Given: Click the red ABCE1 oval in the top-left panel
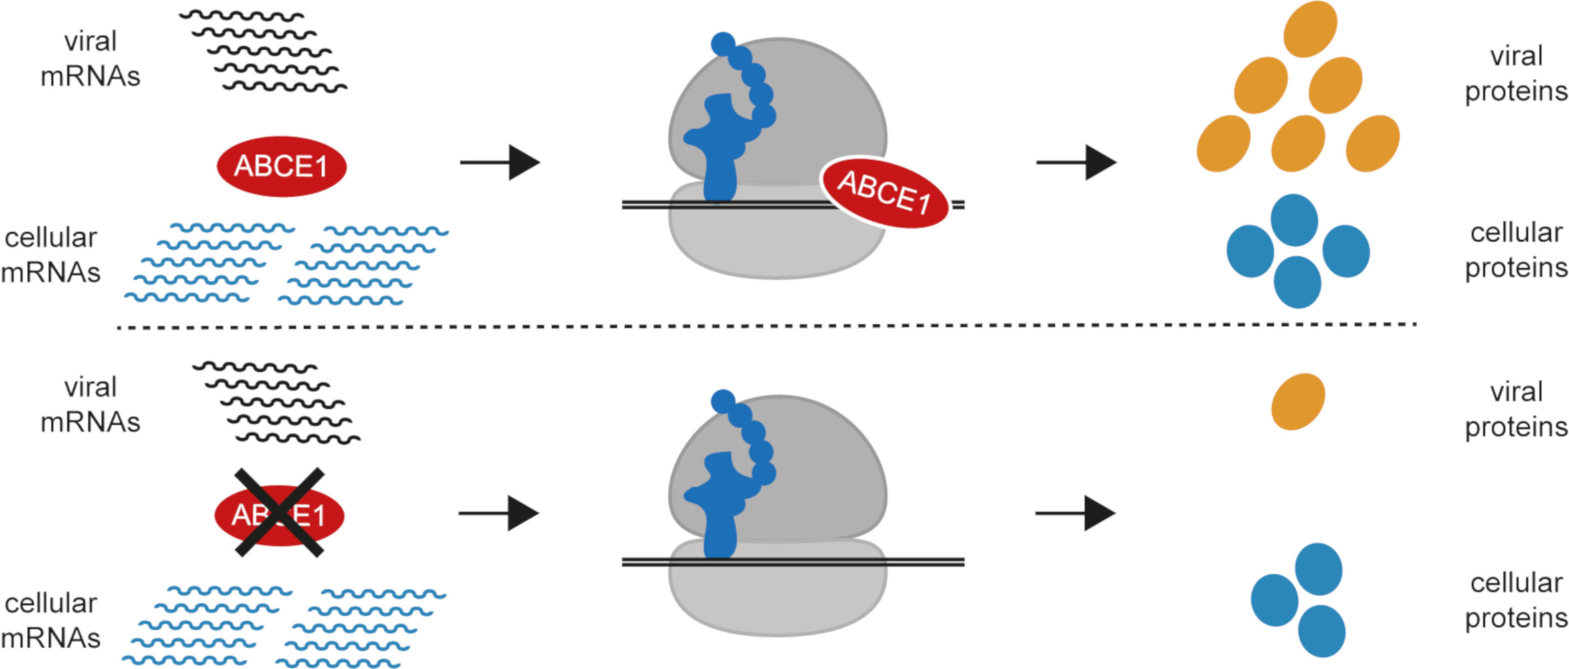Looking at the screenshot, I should tap(281, 167).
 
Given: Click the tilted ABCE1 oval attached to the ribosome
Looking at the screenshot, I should tap(884, 193).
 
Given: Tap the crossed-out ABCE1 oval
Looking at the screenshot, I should tap(279, 515).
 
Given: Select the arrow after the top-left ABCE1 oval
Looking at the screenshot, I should tap(500, 163).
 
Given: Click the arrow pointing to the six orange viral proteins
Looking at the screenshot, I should tap(1076, 163).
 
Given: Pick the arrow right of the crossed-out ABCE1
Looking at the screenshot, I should tap(499, 513).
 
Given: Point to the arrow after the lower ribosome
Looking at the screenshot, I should tap(1075, 513).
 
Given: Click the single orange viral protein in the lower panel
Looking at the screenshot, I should tap(1298, 401).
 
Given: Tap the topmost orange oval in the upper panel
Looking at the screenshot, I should tap(1310, 29).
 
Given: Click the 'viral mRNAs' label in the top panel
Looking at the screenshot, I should tap(90, 59).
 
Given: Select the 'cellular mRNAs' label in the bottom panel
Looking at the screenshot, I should tap(51, 620).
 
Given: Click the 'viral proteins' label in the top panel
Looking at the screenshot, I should tap(1516, 74).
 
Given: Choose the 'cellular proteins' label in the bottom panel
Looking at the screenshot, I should tap(1516, 600).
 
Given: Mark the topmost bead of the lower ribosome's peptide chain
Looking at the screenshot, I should tap(723, 401).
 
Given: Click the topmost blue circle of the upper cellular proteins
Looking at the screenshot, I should tap(1294, 220).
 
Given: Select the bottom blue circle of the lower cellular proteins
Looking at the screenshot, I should tap(1322, 631).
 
